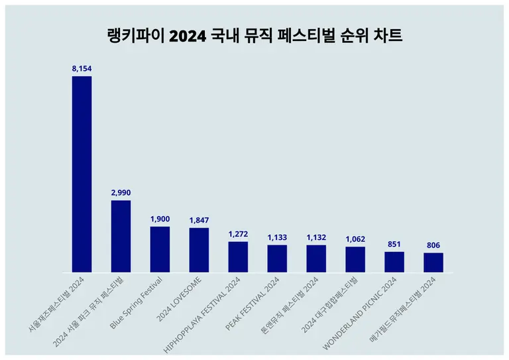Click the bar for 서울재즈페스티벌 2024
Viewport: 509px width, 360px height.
click(82, 174)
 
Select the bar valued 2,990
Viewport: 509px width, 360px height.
click(121, 236)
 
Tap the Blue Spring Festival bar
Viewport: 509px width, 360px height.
click(160, 249)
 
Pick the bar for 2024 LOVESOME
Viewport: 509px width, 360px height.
click(199, 250)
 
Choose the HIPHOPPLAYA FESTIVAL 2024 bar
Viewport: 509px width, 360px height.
click(238, 257)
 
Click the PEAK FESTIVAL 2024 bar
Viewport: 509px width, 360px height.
click(277, 259)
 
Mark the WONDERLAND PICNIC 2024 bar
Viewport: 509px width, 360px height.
click(394, 262)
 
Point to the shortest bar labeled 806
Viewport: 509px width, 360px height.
click(433, 263)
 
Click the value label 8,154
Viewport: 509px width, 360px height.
click(82, 68)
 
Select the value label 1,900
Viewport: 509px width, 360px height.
click(160, 219)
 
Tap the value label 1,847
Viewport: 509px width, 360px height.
click(199, 219)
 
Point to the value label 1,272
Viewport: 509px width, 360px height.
click(238, 233)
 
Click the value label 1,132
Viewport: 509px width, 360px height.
click(316, 237)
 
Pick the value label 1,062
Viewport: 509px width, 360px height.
click(355, 239)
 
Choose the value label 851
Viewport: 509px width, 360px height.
click(394, 243)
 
